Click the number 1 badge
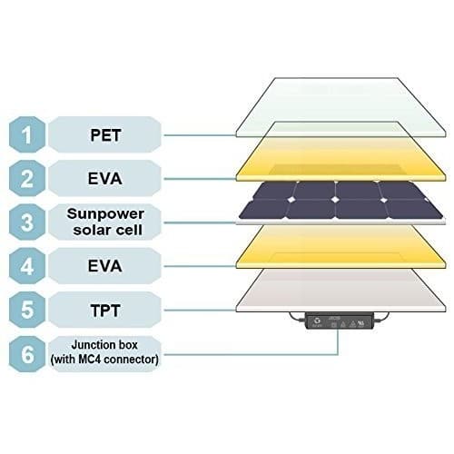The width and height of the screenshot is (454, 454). click(x=27, y=134)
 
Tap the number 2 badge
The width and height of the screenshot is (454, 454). click(x=27, y=178)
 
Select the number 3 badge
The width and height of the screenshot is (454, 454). click(x=27, y=222)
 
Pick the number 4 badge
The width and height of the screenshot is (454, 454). click(x=27, y=266)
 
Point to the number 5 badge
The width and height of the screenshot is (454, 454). click(x=27, y=310)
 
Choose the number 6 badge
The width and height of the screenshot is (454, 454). click(x=27, y=354)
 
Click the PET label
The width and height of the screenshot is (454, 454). click(x=105, y=135)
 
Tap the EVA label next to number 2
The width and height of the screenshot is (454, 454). click(x=105, y=179)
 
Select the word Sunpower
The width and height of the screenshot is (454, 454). click(x=105, y=214)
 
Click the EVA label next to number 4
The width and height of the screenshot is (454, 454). click(x=105, y=266)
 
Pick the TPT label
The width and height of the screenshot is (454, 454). click(x=105, y=311)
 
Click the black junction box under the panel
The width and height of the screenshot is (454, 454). click(x=339, y=321)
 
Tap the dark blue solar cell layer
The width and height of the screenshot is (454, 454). click(x=340, y=201)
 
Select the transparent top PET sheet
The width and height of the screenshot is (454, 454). click(x=340, y=107)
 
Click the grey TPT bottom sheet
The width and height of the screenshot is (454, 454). click(x=340, y=291)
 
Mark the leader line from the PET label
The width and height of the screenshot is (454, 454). click(x=200, y=135)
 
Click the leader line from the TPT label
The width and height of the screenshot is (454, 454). click(x=200, y=310)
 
